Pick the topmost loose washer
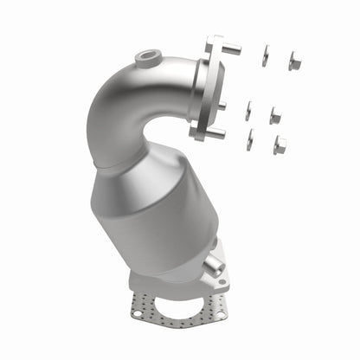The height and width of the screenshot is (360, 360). [265, 56]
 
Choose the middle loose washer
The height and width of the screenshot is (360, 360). [247, 111]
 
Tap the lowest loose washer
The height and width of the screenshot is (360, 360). [250, 139]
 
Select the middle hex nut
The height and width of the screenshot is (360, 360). [274, 115]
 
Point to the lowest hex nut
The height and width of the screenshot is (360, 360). [280, 145]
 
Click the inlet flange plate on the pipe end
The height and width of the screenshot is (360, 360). [200, 87]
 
